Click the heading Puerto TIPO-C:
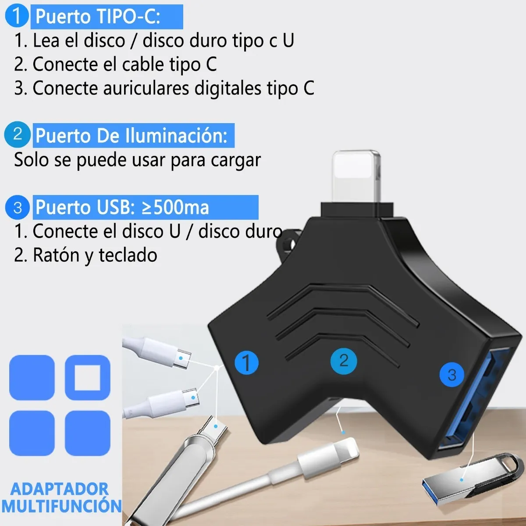pyautogui.click(x=98, y=17)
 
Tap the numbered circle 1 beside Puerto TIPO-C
pyautogui.click(x=17, y=16)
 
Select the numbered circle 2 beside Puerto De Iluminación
pyautogui.click(x=18, y=134)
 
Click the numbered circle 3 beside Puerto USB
pyautogui.click(x=18, y=207)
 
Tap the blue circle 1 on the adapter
pyautogui.click(x=246, y=363)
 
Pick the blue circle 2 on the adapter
pyautogui.click(x=344, y=361)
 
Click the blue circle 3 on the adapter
pyautogui.click(x=452, y=374)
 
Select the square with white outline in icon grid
pyautogui.click(x=88, y=377)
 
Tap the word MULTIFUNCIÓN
pyautogui.click(x=61, y=506)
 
